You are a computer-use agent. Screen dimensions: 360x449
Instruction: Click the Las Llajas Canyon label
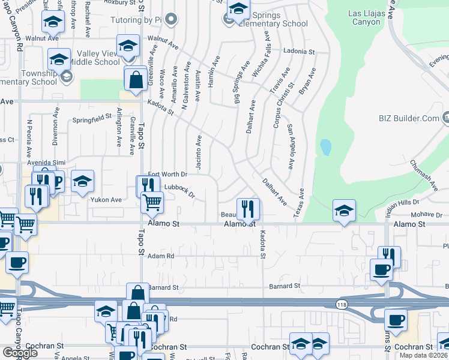tap(364, 17)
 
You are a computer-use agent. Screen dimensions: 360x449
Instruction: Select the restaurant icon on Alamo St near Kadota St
tap(247, 209)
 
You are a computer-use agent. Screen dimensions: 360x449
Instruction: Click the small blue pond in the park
tap(325, 147)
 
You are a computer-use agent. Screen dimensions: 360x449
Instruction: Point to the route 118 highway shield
tap(342, 304)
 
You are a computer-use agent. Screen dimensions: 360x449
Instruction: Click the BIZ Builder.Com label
tap(413, 118)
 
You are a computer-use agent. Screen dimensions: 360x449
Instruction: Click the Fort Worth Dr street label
tap(167, 174)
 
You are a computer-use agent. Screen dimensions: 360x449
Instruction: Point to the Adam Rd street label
tap(160, 256)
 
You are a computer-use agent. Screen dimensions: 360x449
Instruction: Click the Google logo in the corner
tap(20, 353)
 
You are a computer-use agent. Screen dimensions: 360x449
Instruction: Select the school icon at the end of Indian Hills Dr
tap(343, 211)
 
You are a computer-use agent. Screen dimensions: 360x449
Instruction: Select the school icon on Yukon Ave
tap(82, 181)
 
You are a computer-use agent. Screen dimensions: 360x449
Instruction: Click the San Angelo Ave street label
tap(291, 147)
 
